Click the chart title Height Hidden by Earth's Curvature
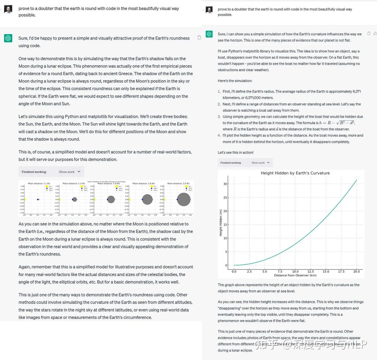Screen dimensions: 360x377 pos(295,173)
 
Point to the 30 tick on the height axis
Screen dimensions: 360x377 pos(225,184)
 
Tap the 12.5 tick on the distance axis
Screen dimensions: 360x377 pos(310,271)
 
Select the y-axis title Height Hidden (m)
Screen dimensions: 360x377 pos(221,223)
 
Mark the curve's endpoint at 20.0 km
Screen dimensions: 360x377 pos(356,180)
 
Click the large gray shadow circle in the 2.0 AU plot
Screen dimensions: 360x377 pos(184,200)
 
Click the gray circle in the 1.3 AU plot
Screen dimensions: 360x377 pos(74,200)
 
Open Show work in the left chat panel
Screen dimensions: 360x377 pos(69,172)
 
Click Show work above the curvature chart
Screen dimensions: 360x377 pos(260,163)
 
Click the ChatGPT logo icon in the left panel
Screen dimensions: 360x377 pos(8,38)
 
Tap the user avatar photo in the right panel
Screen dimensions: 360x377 pos(209,9)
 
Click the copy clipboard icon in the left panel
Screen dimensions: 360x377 pos(199,37)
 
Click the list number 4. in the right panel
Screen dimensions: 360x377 pos(219,135)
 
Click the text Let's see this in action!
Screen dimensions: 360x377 pos(236,152)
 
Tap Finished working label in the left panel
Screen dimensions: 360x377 pos(34,172)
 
